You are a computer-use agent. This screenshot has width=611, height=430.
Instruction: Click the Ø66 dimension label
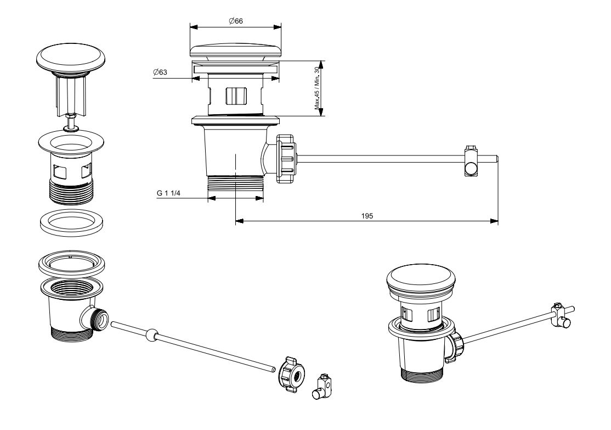click(x=236, y=21)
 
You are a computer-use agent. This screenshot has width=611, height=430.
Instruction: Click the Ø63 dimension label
click(x=161, y=72)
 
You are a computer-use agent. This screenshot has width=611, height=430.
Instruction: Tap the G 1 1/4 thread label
click(x=168, y=193)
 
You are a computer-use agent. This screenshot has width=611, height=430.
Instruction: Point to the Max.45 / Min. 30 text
click(x=317, y=89)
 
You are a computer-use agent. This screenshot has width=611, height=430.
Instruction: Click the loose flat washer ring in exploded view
click(x=72, y=222)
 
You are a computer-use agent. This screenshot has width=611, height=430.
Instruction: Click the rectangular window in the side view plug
click(x=236, y=96)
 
